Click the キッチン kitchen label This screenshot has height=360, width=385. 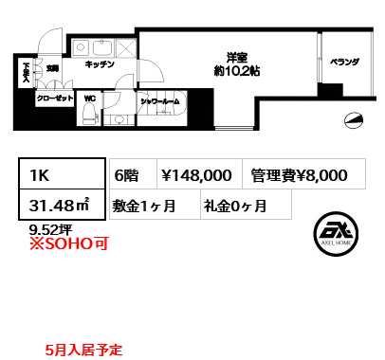100,65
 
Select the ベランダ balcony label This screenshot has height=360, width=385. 345,62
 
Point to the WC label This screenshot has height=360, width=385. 89,98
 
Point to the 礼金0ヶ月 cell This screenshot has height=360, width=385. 233,204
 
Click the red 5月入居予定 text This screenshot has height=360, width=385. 83,350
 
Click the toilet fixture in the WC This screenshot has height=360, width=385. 89,115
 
